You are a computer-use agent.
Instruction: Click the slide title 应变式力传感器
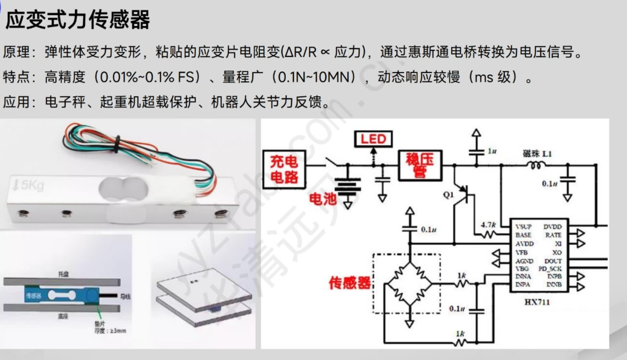(77, 20)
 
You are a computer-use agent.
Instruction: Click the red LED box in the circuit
(373, 139)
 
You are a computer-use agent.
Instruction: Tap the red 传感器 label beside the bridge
(350, 283)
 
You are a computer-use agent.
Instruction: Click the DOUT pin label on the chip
(553, 262)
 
